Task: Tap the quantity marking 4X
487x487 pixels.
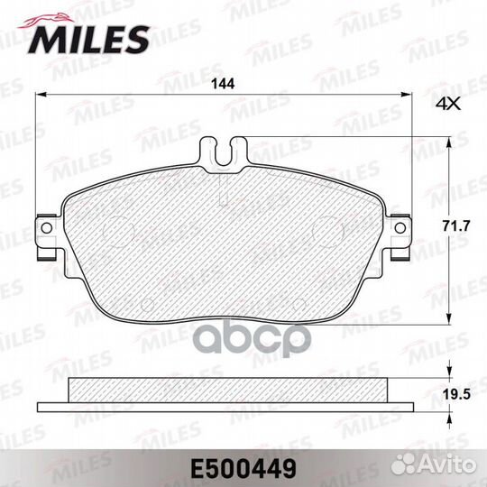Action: [447, 104]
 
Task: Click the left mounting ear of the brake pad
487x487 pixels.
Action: [45, 230]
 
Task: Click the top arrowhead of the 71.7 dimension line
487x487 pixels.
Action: [448, 140]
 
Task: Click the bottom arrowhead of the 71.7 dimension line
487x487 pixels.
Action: [448, 321]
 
